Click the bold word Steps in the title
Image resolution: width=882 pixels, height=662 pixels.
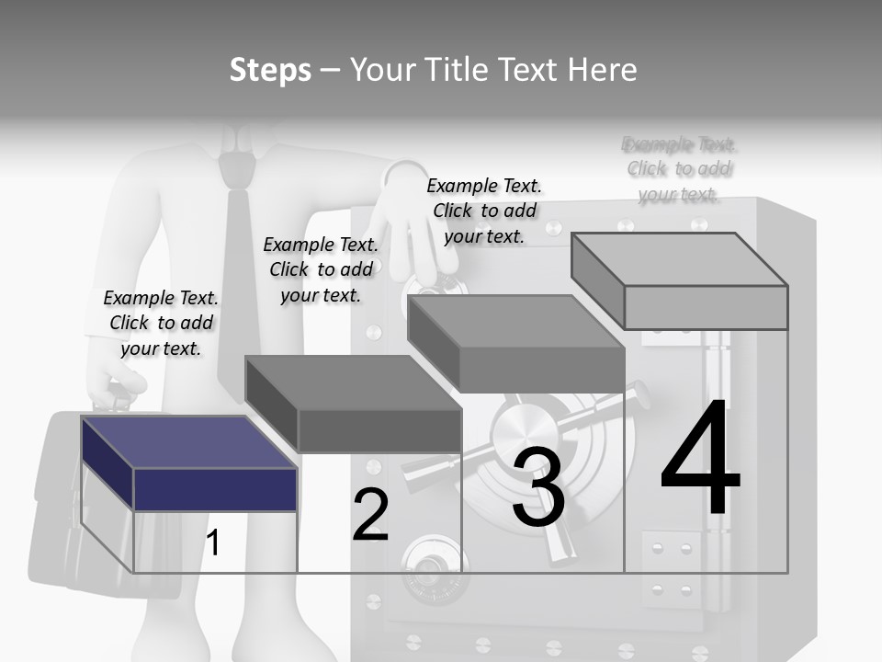tap(269, 70)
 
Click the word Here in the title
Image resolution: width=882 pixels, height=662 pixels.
tap(602, 70)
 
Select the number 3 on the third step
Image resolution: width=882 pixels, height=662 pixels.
tap(538, 488)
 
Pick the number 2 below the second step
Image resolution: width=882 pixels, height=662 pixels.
tap(370, 515)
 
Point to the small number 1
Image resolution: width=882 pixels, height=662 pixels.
tap(212, 542)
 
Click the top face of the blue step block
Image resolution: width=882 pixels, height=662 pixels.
tap(187, 441)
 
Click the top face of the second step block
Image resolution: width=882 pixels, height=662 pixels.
tap(354, 382)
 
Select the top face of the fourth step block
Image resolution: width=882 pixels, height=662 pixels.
tap(680, 259)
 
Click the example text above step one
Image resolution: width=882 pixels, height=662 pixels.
tap(161, 323)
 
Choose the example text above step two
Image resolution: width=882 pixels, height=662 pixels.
tap(321, 269)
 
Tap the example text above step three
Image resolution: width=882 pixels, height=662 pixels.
tap(484, 211)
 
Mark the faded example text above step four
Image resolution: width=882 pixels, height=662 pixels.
tap(679, 169)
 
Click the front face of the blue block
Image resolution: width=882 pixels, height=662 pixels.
tap(215, 489)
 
